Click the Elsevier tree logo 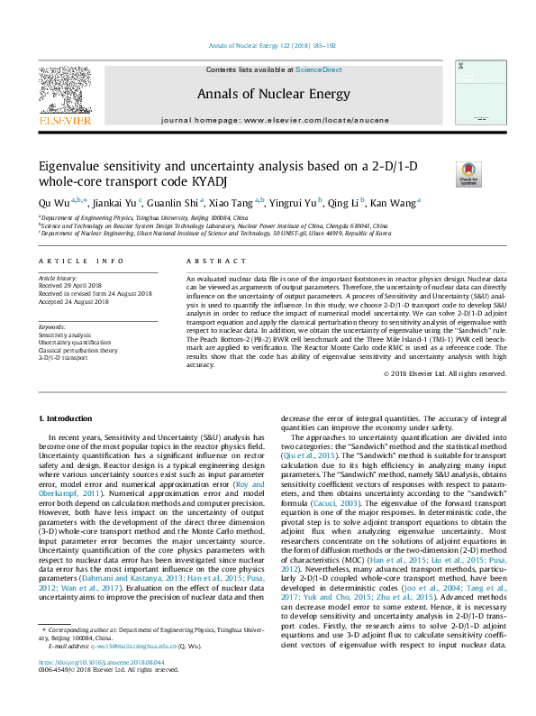64,90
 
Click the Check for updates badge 468,173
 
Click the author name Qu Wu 53,202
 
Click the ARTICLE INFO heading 82,261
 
